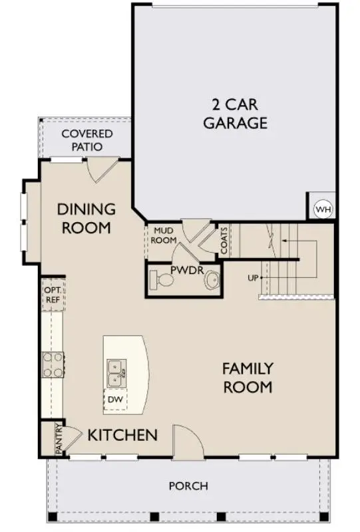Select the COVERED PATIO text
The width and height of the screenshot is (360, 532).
(87, 140)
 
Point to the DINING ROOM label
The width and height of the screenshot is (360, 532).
(86, 218)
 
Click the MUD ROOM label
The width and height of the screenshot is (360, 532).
(164, 235)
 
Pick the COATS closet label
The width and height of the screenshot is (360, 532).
(224, 240)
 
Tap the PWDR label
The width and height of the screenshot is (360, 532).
(183, 271)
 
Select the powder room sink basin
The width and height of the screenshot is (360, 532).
(212, 281)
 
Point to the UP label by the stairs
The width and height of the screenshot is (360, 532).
(252, 277)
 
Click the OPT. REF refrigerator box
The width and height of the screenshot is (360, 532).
(53, 295)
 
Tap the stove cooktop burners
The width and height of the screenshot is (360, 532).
(53, 364)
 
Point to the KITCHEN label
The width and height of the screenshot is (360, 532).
(122, 436)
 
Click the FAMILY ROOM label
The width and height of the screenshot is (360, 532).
(247, 377)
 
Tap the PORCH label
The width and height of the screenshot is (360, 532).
(188, 486)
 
